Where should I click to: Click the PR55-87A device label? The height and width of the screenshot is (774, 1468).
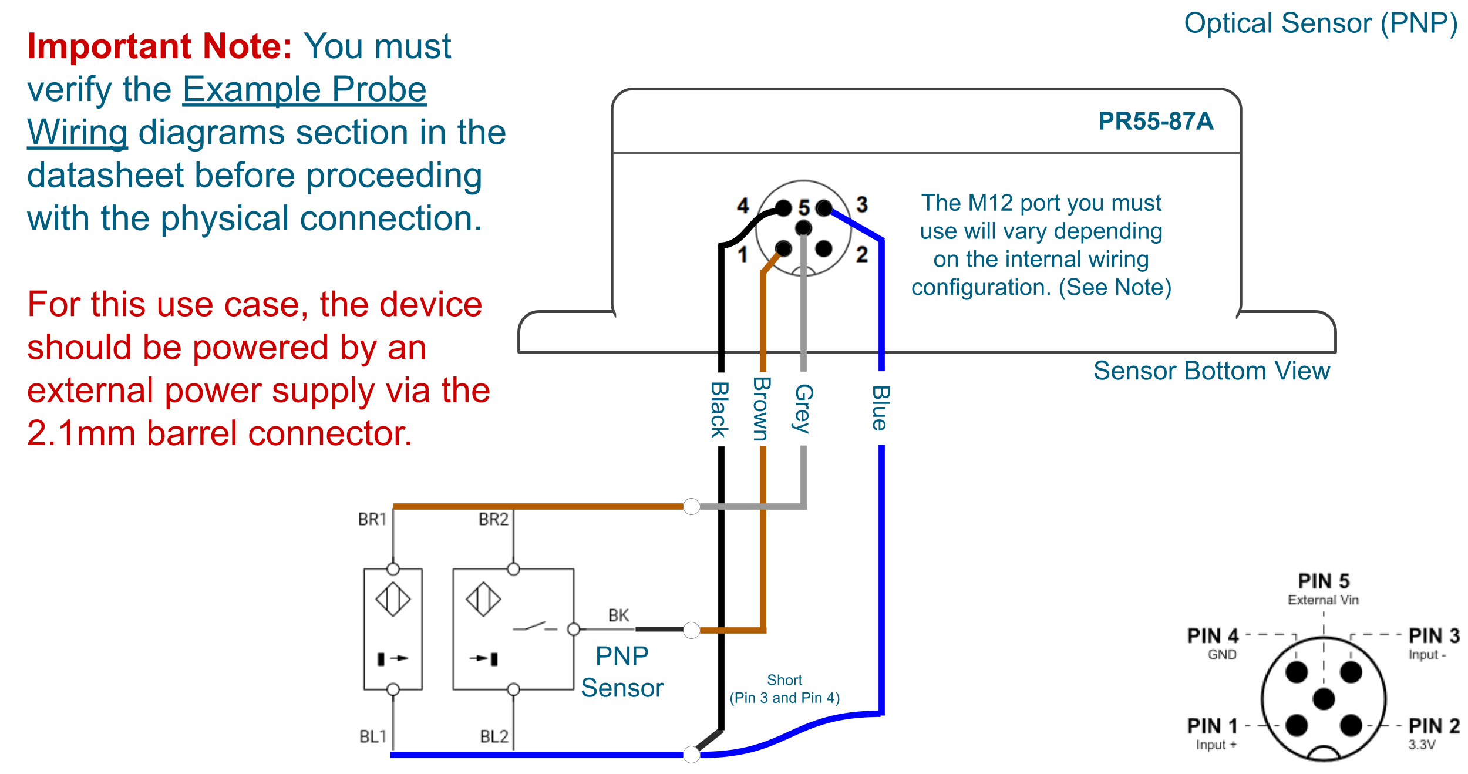pos(1155,122)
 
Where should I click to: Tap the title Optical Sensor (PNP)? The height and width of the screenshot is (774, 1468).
pos(1321,24)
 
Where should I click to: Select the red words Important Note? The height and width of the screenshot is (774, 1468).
pos(160,46)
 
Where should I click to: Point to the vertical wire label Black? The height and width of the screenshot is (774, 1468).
pos(720,409)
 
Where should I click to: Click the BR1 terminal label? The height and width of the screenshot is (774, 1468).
pos(372,519)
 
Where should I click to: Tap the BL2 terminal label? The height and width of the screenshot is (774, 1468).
pos(494,736)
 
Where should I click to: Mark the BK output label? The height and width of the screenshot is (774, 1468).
pos(618,615)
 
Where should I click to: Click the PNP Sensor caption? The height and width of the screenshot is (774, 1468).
pos(622,672)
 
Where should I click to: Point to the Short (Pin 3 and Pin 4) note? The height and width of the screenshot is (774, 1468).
pos(784,689)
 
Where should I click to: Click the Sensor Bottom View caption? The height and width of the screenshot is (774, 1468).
pos(1211,371)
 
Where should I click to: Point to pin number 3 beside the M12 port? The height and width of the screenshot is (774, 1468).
pos(862,204)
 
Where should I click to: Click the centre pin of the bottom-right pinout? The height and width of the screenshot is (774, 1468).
pos(1324,699)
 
